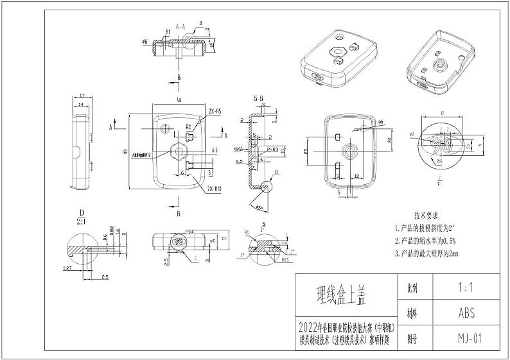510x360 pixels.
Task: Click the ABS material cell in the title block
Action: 466,313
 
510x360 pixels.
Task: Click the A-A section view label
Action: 181,27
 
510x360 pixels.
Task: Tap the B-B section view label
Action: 259,98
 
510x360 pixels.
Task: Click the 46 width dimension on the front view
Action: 178,100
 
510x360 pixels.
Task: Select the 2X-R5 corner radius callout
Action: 215,111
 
